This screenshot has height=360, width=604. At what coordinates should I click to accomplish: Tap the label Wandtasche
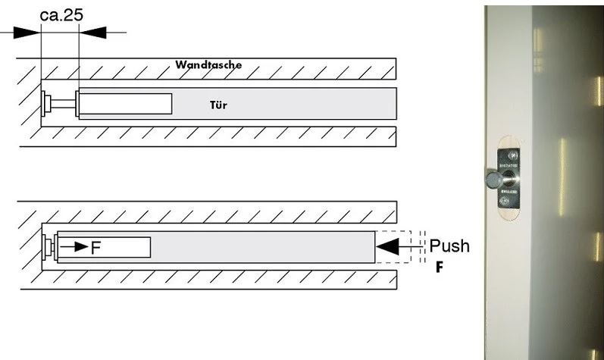(208, 65)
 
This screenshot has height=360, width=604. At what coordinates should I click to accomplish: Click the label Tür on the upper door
(218, 105)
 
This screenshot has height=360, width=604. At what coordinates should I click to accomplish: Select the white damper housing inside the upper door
(125, 102)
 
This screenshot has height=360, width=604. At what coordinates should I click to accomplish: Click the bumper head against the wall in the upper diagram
(47, 102)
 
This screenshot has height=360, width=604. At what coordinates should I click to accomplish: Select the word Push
(449, 246)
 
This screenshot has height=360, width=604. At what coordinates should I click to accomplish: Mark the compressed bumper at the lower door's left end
(50, 247)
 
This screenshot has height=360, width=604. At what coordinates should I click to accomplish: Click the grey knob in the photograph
(490, 180)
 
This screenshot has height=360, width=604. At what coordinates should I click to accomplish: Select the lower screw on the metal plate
(505, 205)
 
